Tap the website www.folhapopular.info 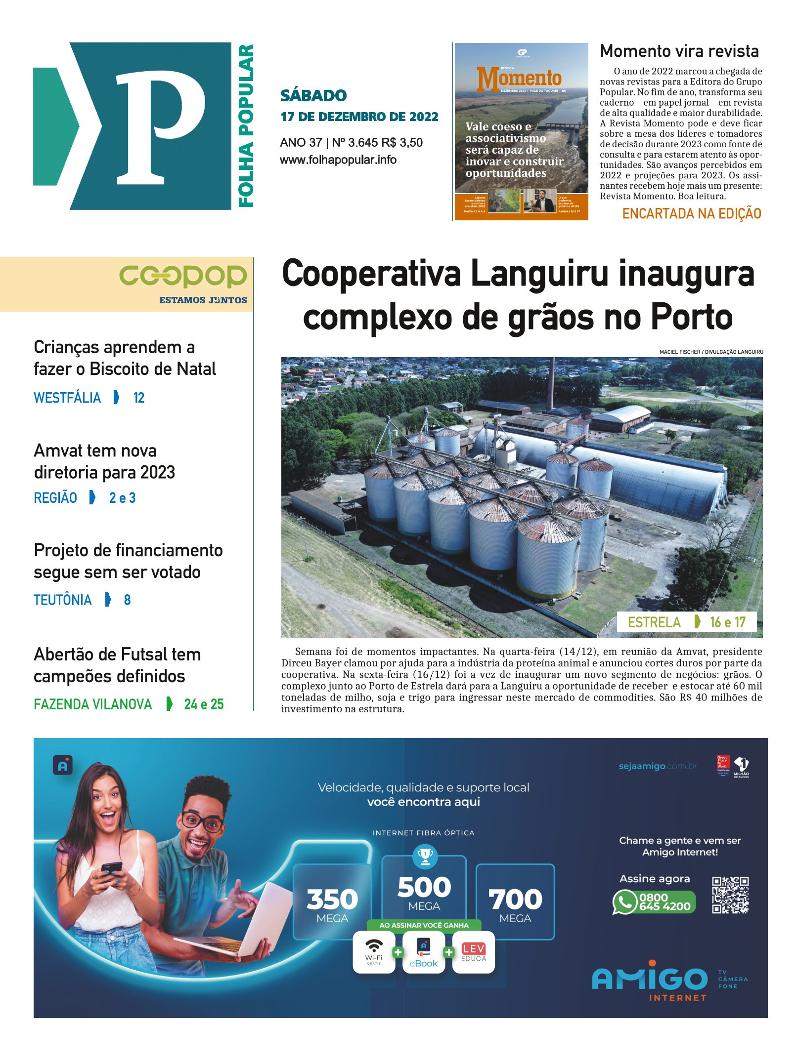pos(338,160)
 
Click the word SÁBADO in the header pos(313,95)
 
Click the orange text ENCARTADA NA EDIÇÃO pos(691,213)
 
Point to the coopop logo pos(183,277)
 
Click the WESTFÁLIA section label pos(67,398)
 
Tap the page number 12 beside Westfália pos(139,398)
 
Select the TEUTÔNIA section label pos(63,600)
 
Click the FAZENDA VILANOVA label pos(93,704)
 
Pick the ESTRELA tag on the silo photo pos(654,622)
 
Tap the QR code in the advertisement pos(730,895)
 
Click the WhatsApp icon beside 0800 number pos(624,902)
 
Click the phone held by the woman pos(112,867)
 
